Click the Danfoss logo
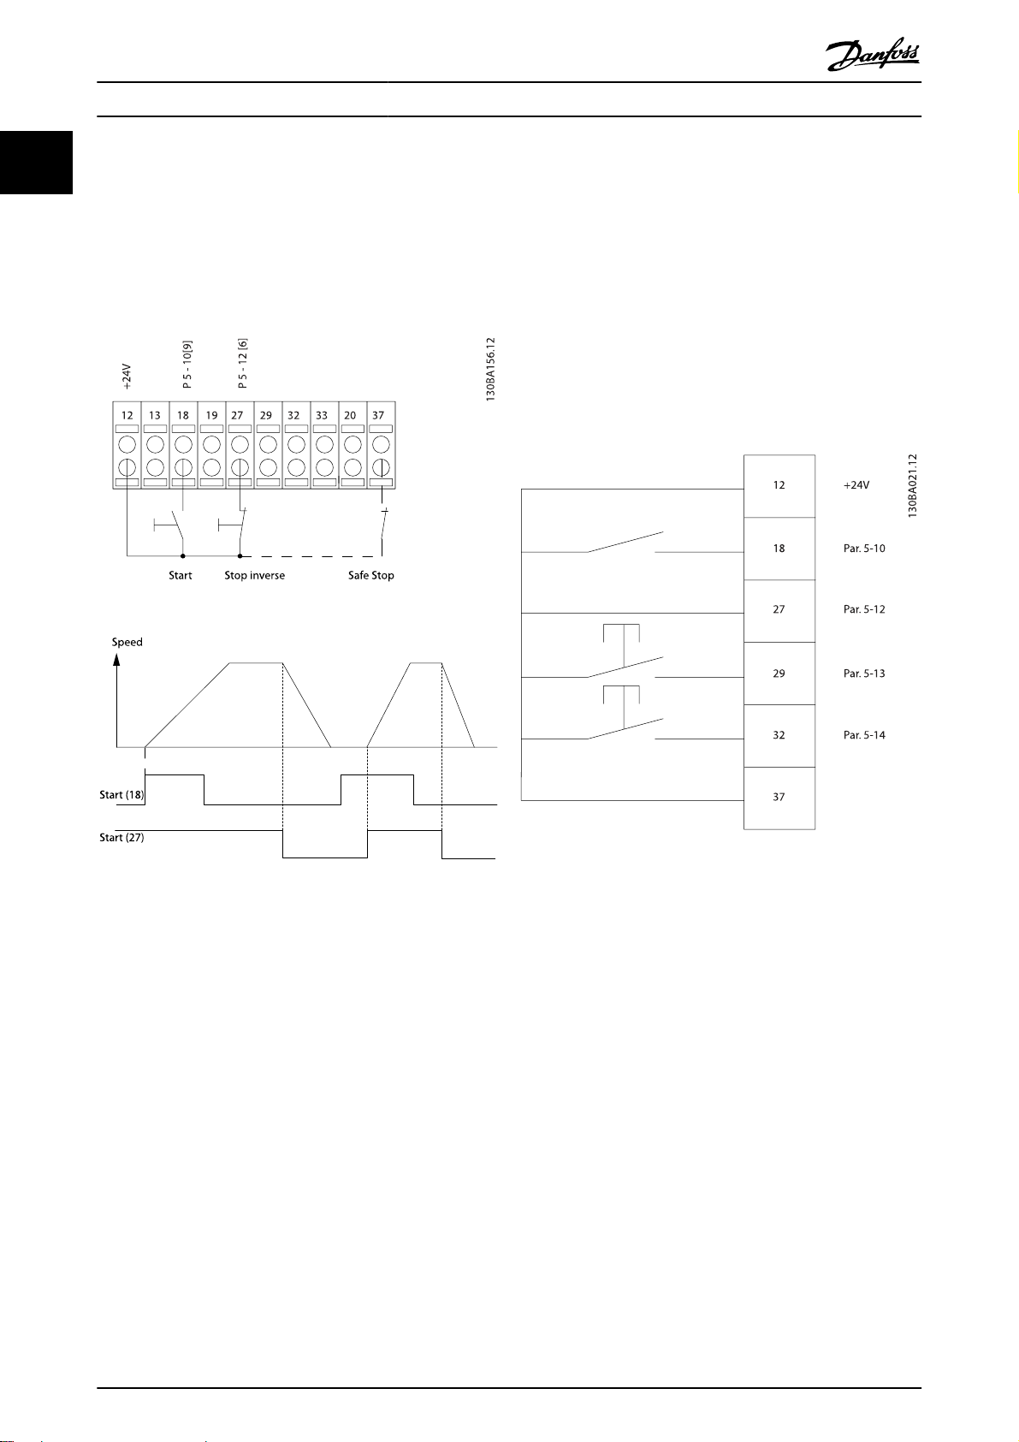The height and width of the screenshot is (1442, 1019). pyautogui.click(x=873, y=57)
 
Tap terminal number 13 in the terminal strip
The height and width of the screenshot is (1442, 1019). pyautogui.click(x=155, y=415)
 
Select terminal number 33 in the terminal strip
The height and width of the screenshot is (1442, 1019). pyautogui.click(x=322, y=415)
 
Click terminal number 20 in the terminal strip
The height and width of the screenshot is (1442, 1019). pyautogui.click(x=350, y=415)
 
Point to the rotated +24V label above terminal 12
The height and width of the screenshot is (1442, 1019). pyautogui.click(x=126, y=377)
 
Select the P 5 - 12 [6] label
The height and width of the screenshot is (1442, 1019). pyautogui.click(x=243, y=363)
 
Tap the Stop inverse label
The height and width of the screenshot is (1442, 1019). pyautogui.click(x=254, y=575)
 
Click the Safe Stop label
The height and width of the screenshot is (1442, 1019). pyautogui.click(x=370, y=575)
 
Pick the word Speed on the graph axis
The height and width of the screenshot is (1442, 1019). pyautogui.click(x=127, y=642)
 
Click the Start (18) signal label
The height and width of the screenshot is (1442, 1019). pyautogui.click(x=121, y=795)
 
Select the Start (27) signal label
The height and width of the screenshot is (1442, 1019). pyautogui.click(x=121, y=838)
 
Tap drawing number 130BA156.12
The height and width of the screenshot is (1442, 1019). pyautogui.click(x=490, y=370)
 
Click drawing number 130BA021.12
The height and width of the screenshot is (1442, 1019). pyautogui.click(x=913, y=485)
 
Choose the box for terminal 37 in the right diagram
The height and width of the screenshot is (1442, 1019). pyautogui.click(x=779, y=798)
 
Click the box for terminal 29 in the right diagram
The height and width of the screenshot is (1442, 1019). pyautogui.click(x=779, y=674)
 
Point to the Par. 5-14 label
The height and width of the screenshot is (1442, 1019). pyautogui.click(x=864, y=735)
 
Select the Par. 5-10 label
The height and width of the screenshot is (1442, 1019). pyautogui.click(x=864, y=549)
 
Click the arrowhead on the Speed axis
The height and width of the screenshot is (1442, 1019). pyautogui.click(x=117, y=661)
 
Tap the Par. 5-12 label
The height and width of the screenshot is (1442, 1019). pyautogui.click(x=864, y=610)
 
